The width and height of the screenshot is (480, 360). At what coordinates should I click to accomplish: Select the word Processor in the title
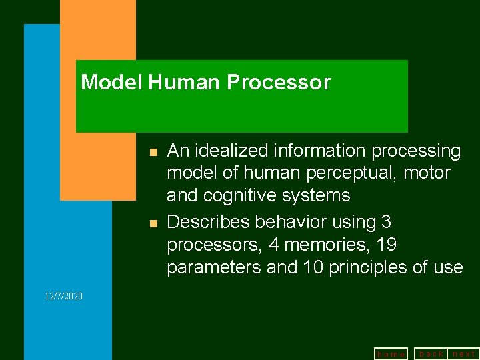(x=279, y=83)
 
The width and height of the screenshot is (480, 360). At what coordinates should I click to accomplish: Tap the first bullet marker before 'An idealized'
(x=152, y=153)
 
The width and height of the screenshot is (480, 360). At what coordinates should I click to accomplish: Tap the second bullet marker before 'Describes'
(x=152, y=223)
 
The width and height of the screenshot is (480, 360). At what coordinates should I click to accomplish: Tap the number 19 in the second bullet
(x=386, y=245)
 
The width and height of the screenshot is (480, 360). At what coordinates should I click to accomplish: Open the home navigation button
(x=391, y=354)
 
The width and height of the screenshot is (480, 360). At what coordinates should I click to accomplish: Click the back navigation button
(x=431, y=353)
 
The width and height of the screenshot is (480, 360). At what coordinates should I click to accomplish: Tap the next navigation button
(x=464, y=353)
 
